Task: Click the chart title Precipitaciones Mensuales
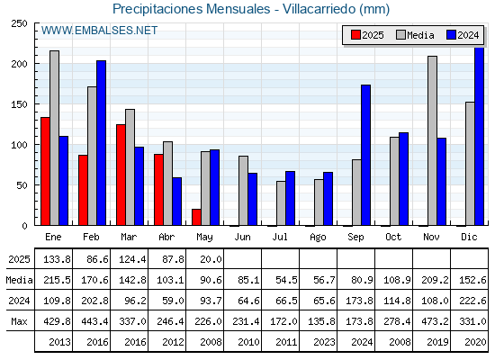[191, 9]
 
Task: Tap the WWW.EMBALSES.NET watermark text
[99, 31]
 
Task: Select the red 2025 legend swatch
[355, 35]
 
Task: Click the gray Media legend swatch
[400, 35]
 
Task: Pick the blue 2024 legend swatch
[451, 35]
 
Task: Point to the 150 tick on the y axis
[19, 104]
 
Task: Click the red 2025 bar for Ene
[45, 171]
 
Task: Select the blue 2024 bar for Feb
[101, 143]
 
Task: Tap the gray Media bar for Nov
[432, 140]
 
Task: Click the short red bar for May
[196, 217]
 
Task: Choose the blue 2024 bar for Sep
[365, 155]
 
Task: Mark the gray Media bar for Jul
[281, 203]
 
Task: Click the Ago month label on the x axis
[318, 238]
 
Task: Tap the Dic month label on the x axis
[469, 237]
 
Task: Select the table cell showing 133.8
[57, 259]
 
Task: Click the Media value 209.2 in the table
[435, 280]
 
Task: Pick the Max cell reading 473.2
[435, 321]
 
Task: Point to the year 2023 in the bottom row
[324, 342]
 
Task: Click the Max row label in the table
[19, 321]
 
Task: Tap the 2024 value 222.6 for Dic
[472, 301]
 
